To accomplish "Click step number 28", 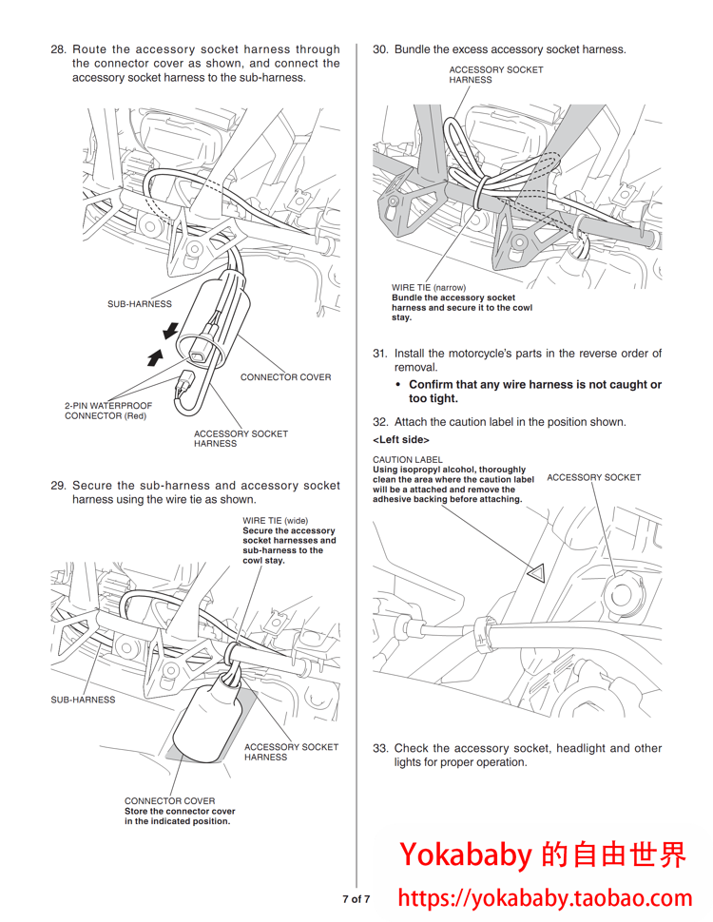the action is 58,49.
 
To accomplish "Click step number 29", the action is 58,486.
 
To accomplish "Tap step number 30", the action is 380,49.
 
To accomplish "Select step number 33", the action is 380,748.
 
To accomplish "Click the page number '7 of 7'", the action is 356,899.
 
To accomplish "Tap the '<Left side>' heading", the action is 401,440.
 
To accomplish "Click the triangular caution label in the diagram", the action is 536,573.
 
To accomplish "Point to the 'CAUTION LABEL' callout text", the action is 408,460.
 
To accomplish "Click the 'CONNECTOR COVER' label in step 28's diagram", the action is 286,377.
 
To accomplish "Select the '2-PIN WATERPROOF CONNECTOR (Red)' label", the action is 108,411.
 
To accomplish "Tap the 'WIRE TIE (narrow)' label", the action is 429,288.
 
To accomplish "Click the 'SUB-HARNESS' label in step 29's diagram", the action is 83,700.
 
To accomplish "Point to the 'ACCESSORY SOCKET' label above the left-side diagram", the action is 594,477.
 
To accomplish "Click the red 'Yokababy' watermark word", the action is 466,855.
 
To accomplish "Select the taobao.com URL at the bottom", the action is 546,898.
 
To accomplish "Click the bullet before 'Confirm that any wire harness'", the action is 398,385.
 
